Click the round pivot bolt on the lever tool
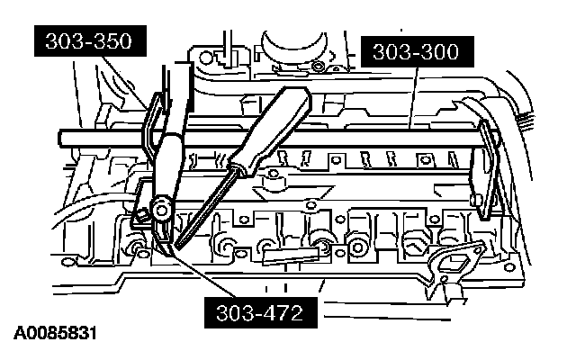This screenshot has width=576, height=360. point(163,210)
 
